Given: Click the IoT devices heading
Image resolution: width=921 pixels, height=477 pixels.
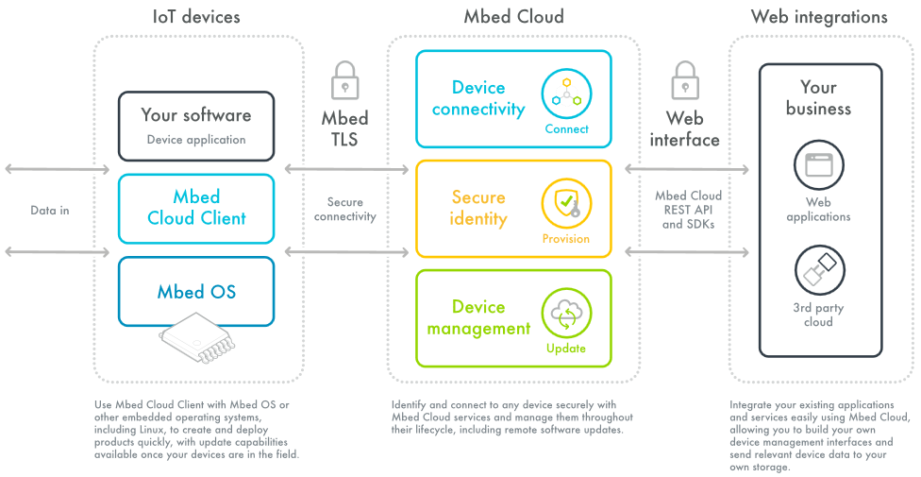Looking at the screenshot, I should (196, 17).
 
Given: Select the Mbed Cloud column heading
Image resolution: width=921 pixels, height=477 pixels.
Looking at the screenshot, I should (513, 17).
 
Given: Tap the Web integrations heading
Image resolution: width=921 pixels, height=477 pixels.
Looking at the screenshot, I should (818, 17).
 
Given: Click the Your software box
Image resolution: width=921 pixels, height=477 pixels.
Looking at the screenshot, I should (196, 126).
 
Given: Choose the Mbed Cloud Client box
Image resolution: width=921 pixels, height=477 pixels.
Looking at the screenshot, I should (196, 208).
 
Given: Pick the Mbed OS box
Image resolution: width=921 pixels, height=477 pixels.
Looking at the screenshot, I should (196, 291).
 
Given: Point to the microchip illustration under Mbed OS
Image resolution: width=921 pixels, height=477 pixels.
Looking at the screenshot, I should (198, 339).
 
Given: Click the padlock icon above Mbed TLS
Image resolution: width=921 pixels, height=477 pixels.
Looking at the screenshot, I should (344, 81).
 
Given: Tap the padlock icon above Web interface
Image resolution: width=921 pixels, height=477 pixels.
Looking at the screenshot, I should (684, 81).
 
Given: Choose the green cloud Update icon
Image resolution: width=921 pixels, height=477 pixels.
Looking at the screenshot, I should (566, 314).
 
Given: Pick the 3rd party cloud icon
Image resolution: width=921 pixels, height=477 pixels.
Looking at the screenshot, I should (818, 271).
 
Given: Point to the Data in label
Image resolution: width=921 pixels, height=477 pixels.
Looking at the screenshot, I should (49, 210).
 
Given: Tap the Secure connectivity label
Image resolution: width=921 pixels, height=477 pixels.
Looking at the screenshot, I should (344, 209).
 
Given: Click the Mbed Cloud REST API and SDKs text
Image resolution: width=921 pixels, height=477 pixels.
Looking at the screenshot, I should (688, 210).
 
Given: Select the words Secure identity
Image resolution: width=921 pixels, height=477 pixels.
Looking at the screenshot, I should (478, 208).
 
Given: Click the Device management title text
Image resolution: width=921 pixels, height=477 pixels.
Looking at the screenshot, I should (478, 318).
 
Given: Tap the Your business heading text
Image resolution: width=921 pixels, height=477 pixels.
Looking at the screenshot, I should (818, 98).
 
